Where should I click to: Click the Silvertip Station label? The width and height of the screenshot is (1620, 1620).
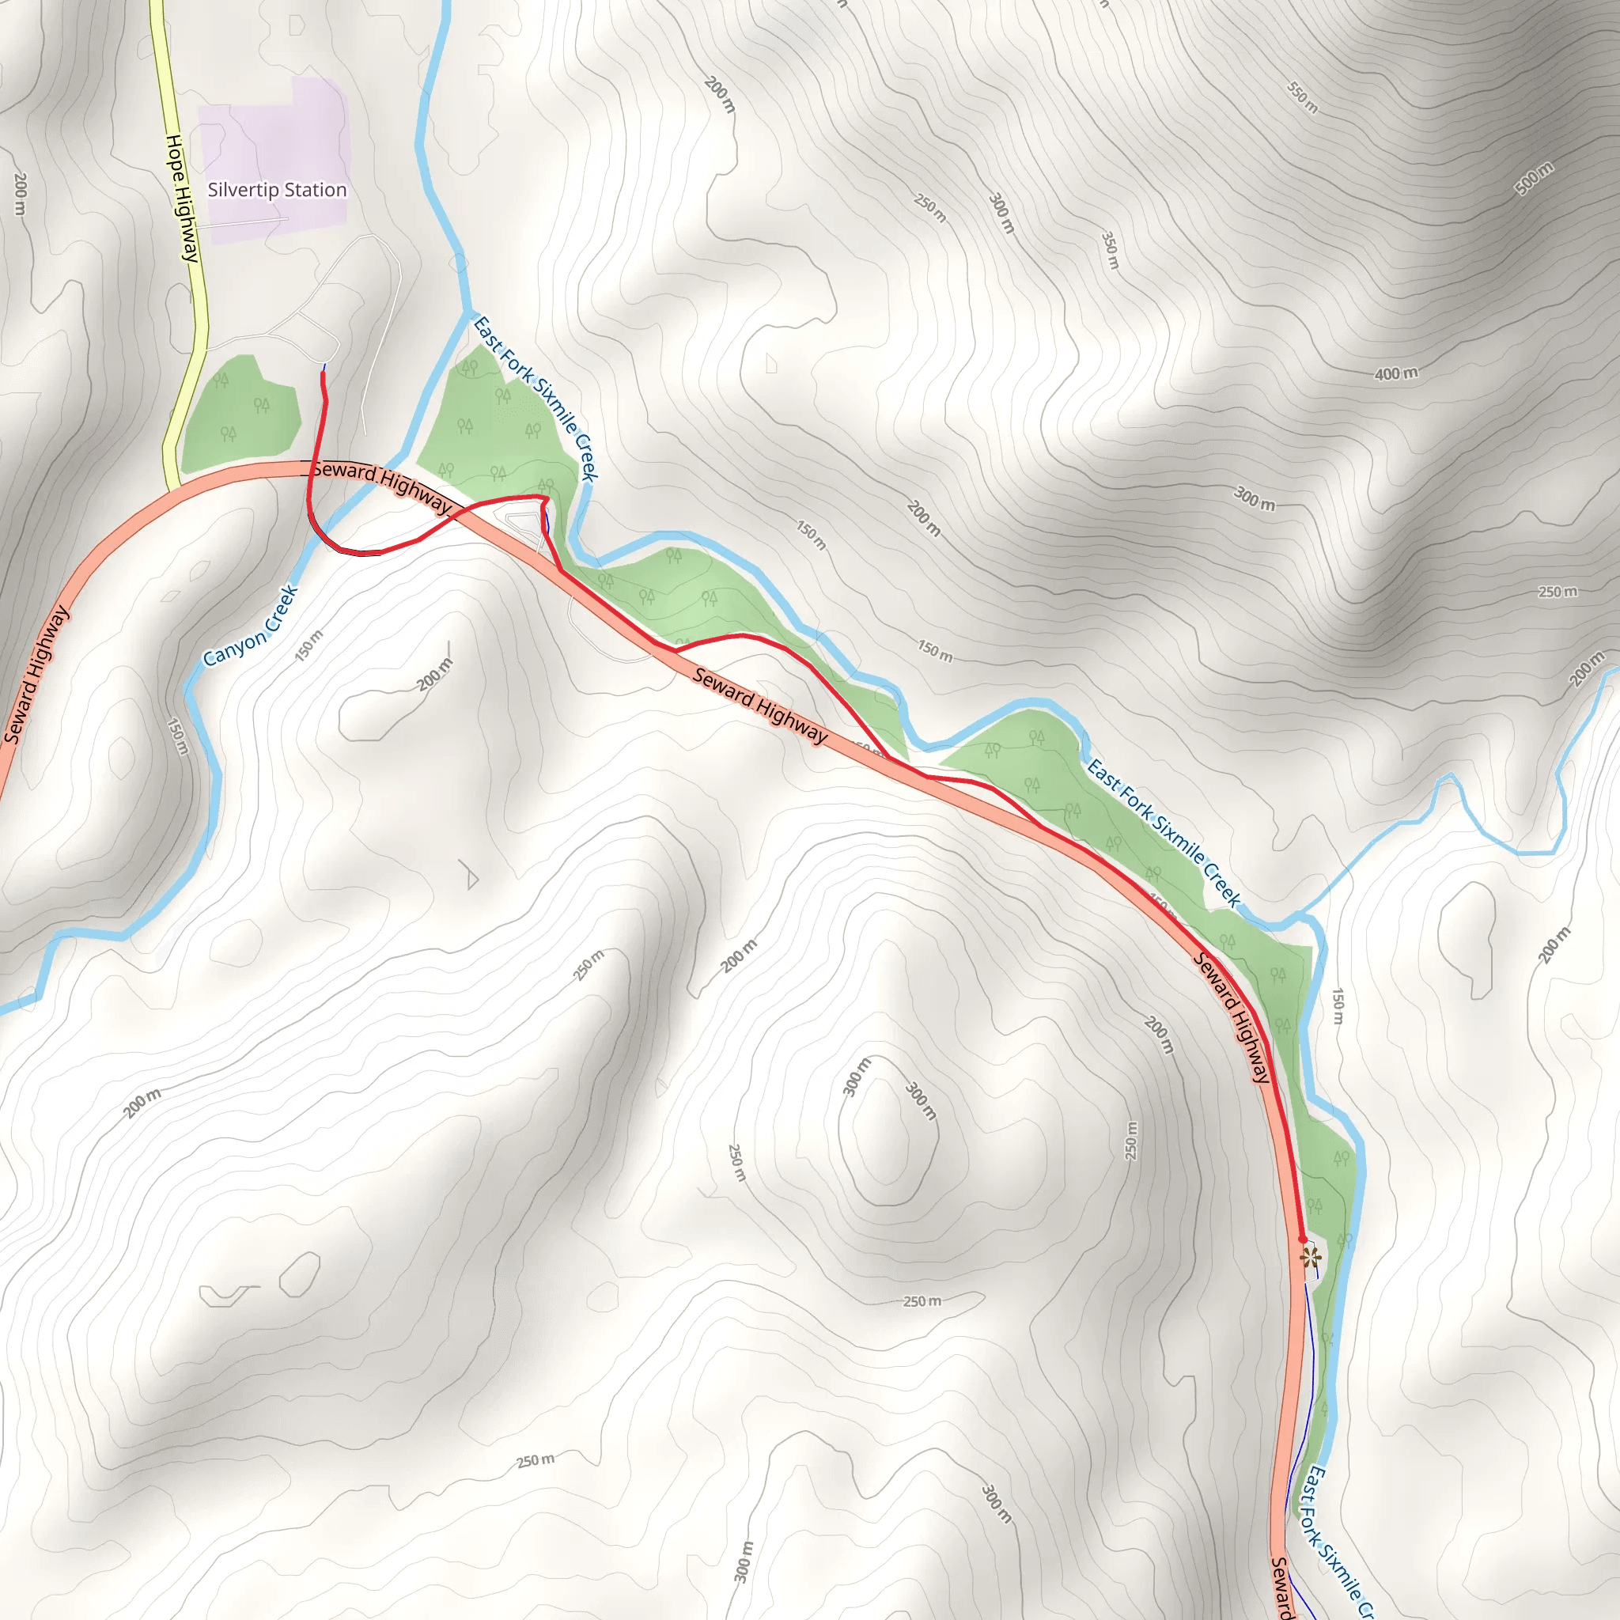tap(277, 191)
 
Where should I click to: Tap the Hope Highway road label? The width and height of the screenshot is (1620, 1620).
tap(182, 198)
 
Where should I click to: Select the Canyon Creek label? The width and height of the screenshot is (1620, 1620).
tap(251, 626)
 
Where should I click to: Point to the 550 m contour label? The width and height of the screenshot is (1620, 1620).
tap(1302, 97)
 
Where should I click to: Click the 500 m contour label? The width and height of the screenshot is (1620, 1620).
tap(1534, 178)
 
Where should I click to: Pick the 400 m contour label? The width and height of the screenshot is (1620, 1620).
tap(1396, 373)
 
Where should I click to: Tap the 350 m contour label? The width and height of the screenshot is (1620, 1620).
tap(1109, 250)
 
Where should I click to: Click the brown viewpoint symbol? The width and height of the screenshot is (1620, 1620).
tap(1311, 1258)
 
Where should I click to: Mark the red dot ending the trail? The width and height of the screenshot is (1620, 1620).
tap(1302, 1239)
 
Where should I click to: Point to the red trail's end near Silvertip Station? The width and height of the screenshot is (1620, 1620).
tap(323, 374)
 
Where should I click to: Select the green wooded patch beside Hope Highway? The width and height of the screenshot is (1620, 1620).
tap(240, 415)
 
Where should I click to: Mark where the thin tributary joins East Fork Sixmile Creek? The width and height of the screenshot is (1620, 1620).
tap(1300, 913)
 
